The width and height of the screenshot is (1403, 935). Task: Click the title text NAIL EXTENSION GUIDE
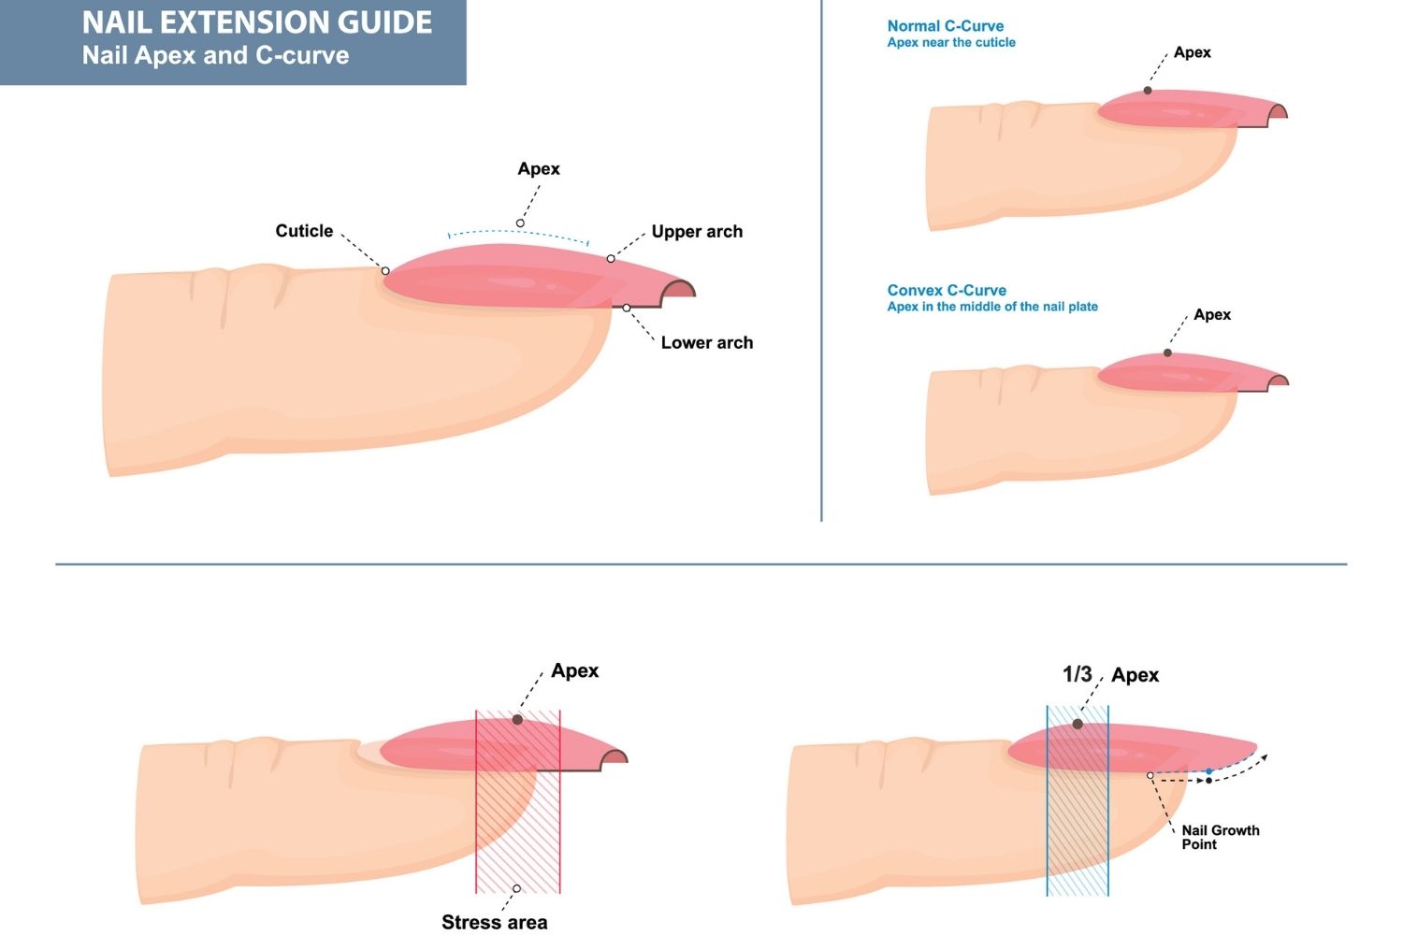[257, 22]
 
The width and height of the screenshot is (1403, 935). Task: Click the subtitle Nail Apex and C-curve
[215, 55]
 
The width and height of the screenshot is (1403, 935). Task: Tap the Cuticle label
[304, 231]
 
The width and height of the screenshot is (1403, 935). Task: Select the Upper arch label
[697, 232]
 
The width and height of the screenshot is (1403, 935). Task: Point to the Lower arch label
[706, 343]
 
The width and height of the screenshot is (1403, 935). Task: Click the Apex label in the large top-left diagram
[539, 169]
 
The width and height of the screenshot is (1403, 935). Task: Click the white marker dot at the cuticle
[385, 271]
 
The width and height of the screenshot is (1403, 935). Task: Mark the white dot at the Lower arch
[627, 308]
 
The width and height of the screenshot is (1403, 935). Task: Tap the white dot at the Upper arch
[611, 259]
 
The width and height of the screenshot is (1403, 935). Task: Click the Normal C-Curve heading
[946, 26]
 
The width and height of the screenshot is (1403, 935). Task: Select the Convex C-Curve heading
[947, 291]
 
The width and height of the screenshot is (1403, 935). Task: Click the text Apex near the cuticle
[951, 43]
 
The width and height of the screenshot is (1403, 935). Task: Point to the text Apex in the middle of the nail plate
[992, 307]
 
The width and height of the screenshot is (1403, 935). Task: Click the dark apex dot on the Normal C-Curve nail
[1148, 91]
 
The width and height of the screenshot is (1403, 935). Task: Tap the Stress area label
[494, 923]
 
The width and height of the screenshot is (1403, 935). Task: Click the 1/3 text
[1078, 674]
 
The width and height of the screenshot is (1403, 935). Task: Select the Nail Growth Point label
[1220, 837]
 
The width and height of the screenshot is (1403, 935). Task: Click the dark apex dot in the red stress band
[517, 720]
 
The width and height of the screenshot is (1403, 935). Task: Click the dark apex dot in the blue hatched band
[1078, 725]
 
